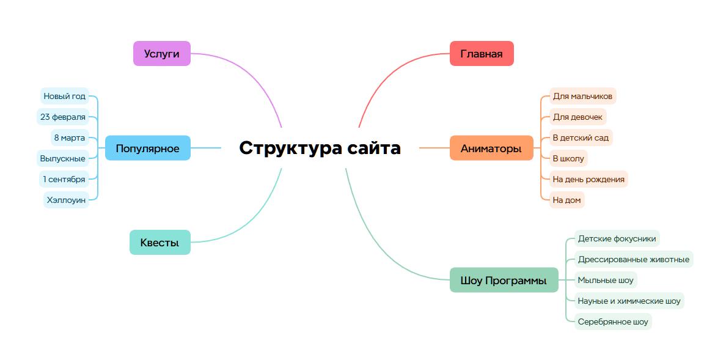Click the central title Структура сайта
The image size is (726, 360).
[320, 148]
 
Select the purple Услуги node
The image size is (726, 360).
[162, 54]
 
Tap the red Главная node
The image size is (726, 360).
[482, 54]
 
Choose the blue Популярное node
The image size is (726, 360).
[147, 149]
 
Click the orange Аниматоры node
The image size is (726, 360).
[491, 149]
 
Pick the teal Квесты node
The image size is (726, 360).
[159, 243]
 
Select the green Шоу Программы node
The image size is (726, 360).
[504, 281]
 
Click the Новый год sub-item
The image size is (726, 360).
[65, 97]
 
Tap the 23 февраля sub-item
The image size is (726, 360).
[63, 117]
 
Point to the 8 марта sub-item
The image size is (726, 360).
[70, 138]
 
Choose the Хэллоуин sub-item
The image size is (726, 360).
[67, 200]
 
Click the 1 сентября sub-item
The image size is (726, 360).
[64, 179]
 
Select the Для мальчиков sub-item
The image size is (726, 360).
[582, 97]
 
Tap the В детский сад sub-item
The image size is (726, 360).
[580, 138]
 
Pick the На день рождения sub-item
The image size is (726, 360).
[588, 179]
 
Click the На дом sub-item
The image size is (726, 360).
[566, 200]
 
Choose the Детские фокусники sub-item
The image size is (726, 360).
[617, 239]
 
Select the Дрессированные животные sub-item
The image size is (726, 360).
[633, 260]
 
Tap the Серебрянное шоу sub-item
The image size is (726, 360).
[613, 322]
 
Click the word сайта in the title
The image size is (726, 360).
[374, 148]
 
